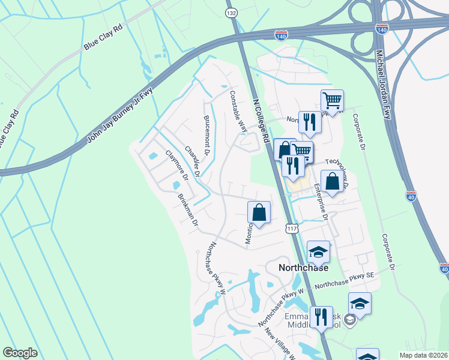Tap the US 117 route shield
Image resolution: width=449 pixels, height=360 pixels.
[292, 228]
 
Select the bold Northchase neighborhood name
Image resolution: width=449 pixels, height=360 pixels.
[304, 268]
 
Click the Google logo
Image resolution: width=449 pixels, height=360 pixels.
[20, 353]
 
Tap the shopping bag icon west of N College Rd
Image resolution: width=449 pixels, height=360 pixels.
[259, 212]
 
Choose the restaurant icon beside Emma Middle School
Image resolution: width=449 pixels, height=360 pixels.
[321, 316]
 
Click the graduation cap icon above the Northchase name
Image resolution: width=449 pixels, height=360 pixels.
[319, 252]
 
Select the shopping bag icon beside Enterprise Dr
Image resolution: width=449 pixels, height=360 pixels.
[332, 181]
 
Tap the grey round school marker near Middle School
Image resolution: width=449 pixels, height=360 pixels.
[352, 319]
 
